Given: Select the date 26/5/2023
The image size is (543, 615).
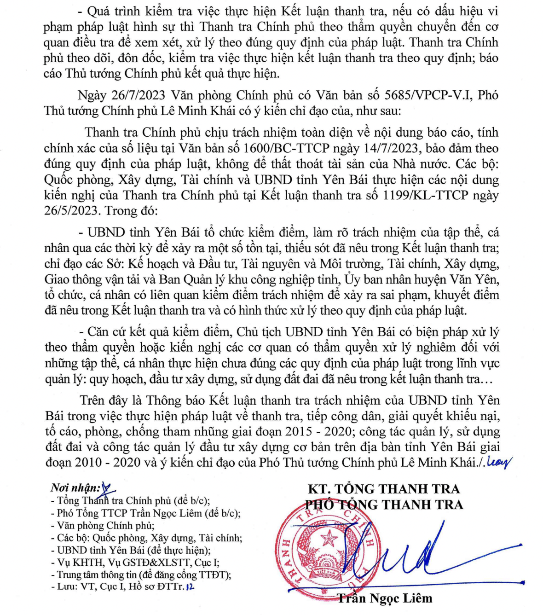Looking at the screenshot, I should [x=72, y=211].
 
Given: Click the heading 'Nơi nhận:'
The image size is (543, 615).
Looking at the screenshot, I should [x=75, y=488].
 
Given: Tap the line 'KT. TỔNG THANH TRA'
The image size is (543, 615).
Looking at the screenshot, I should [x=383, y=489].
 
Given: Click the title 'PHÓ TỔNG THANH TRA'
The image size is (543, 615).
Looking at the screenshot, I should [x=383, y=505].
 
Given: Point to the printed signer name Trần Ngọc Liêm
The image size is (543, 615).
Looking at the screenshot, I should [x=385, y=598].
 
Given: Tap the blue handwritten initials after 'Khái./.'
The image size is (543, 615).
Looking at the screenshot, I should [x=499, y=462].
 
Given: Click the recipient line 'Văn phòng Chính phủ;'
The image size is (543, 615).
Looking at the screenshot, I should [x=105, y=526].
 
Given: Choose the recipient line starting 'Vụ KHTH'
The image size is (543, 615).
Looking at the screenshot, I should [x=138, y=563].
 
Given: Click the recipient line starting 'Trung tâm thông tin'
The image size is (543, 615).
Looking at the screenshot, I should [x=144, y=575].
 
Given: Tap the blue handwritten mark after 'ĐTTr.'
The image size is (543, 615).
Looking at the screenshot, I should [x=190, y=587].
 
